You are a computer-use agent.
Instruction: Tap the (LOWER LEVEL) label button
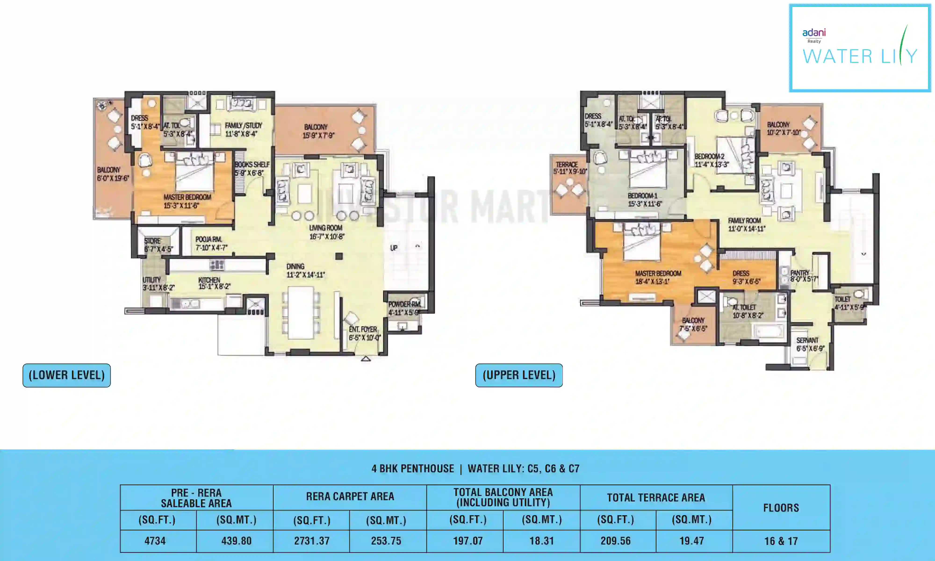click(x=67, y=375)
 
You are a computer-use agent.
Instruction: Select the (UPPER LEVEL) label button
click(x=519, y=375)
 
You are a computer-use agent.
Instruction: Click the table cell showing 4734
click(x=155, y=541)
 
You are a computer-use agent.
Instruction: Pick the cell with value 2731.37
click(x=312, y=541)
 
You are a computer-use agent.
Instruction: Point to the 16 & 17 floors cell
click(x=781, y=541)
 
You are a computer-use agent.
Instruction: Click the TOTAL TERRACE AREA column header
click(x=656, y=497)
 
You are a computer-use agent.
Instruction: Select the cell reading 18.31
click(x=541, y=541)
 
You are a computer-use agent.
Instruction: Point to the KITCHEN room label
click(x=209, y=280)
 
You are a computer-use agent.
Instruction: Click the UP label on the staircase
click(x=393, y=248)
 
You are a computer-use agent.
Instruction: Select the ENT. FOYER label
click(x=363, y=329)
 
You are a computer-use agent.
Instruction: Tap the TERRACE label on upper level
click(x=567, y=165)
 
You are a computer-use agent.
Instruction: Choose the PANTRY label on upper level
click(x=800, y=273)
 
